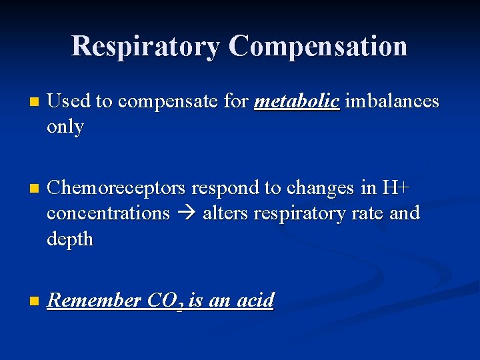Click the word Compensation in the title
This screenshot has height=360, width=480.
[318, 46]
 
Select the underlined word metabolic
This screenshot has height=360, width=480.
[297, 101]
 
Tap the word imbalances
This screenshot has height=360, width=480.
[392, 101]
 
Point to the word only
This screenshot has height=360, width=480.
[65, 127]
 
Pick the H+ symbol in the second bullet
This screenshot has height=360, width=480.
[395, 188]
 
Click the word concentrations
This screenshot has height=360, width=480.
[108, 213]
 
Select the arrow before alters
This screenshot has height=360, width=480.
[186, 214]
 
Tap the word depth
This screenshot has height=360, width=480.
[70, 239]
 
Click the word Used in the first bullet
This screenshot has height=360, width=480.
[69, 101]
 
